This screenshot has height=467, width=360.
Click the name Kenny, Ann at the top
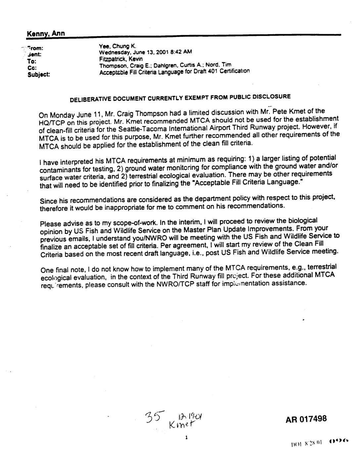[46, 33]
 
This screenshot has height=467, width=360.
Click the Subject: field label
[38, 75]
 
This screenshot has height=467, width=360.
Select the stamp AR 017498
[306, 419]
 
